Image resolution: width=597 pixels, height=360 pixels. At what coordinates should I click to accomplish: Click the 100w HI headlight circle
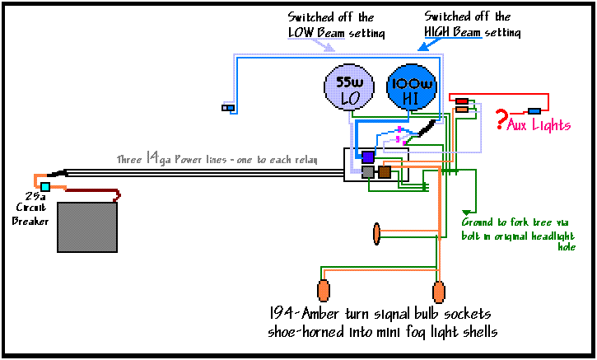click(x=413, y=89)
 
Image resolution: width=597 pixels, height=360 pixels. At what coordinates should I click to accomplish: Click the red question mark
click(x=498, y=122)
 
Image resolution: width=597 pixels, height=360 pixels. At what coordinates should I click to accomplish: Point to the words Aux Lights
click(x=541, y=124)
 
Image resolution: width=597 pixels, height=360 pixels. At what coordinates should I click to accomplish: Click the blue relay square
click(x=368, y=157)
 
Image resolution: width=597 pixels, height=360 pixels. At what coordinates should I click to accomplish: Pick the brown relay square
click(x=385, y=171)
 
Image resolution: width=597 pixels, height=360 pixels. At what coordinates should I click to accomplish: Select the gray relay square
click(x=368, y=171)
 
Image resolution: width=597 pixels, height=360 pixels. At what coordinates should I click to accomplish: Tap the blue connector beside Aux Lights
click(x=534, y=110)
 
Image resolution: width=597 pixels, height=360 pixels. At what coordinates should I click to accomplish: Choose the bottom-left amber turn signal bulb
click(x=323, y=291)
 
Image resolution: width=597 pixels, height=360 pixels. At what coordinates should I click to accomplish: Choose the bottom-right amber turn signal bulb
click(x=439, y=291)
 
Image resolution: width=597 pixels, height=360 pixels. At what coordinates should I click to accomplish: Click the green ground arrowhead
click(x=465, y=212)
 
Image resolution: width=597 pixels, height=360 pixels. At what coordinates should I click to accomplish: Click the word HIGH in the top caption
click(x=441, y=31)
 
